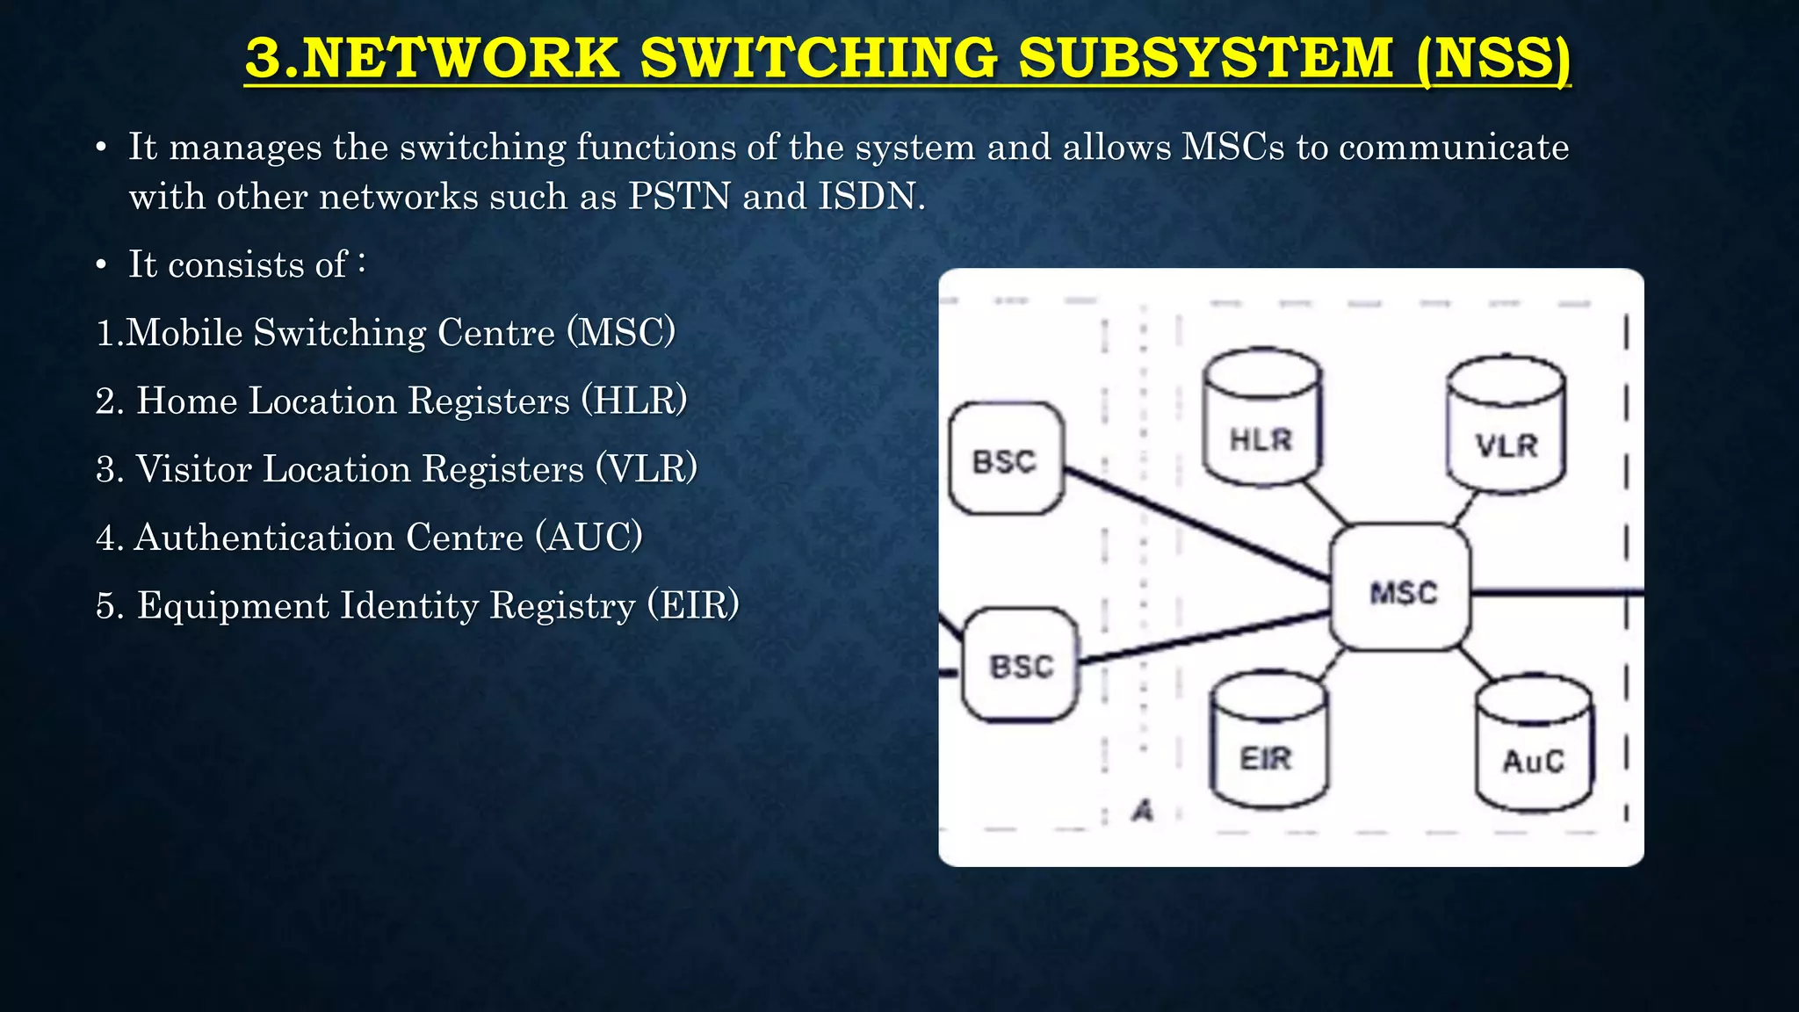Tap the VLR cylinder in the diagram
(1506, 427)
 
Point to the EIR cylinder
(1268, 743)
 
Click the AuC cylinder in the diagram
(1534, 745)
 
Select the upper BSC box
(1006, 459)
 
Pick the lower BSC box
(1021, 665)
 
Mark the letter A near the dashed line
(1142, 811)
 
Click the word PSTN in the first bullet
(679, 196)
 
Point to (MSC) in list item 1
(621, 332)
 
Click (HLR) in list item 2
(634, 401)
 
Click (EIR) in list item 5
(694, 605)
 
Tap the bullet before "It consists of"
(102, 265)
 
